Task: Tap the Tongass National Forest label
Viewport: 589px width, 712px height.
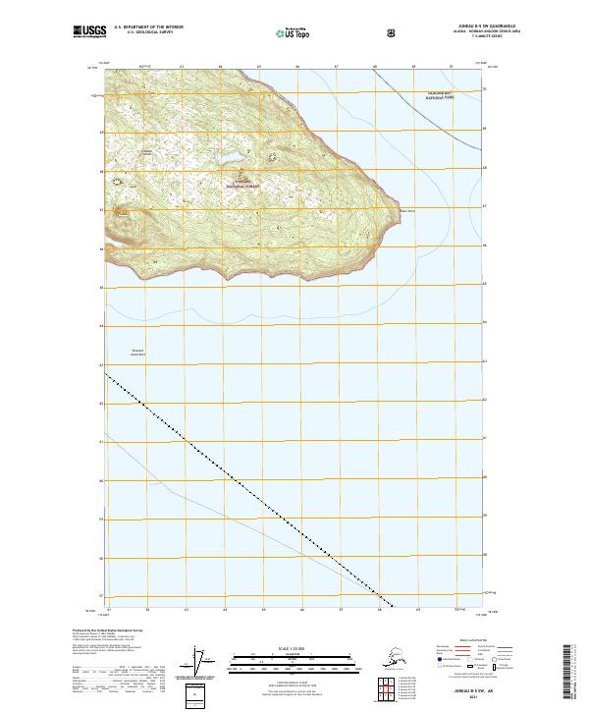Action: [x=241, y=183]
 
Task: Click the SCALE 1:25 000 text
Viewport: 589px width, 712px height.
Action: [x=294, y=648]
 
